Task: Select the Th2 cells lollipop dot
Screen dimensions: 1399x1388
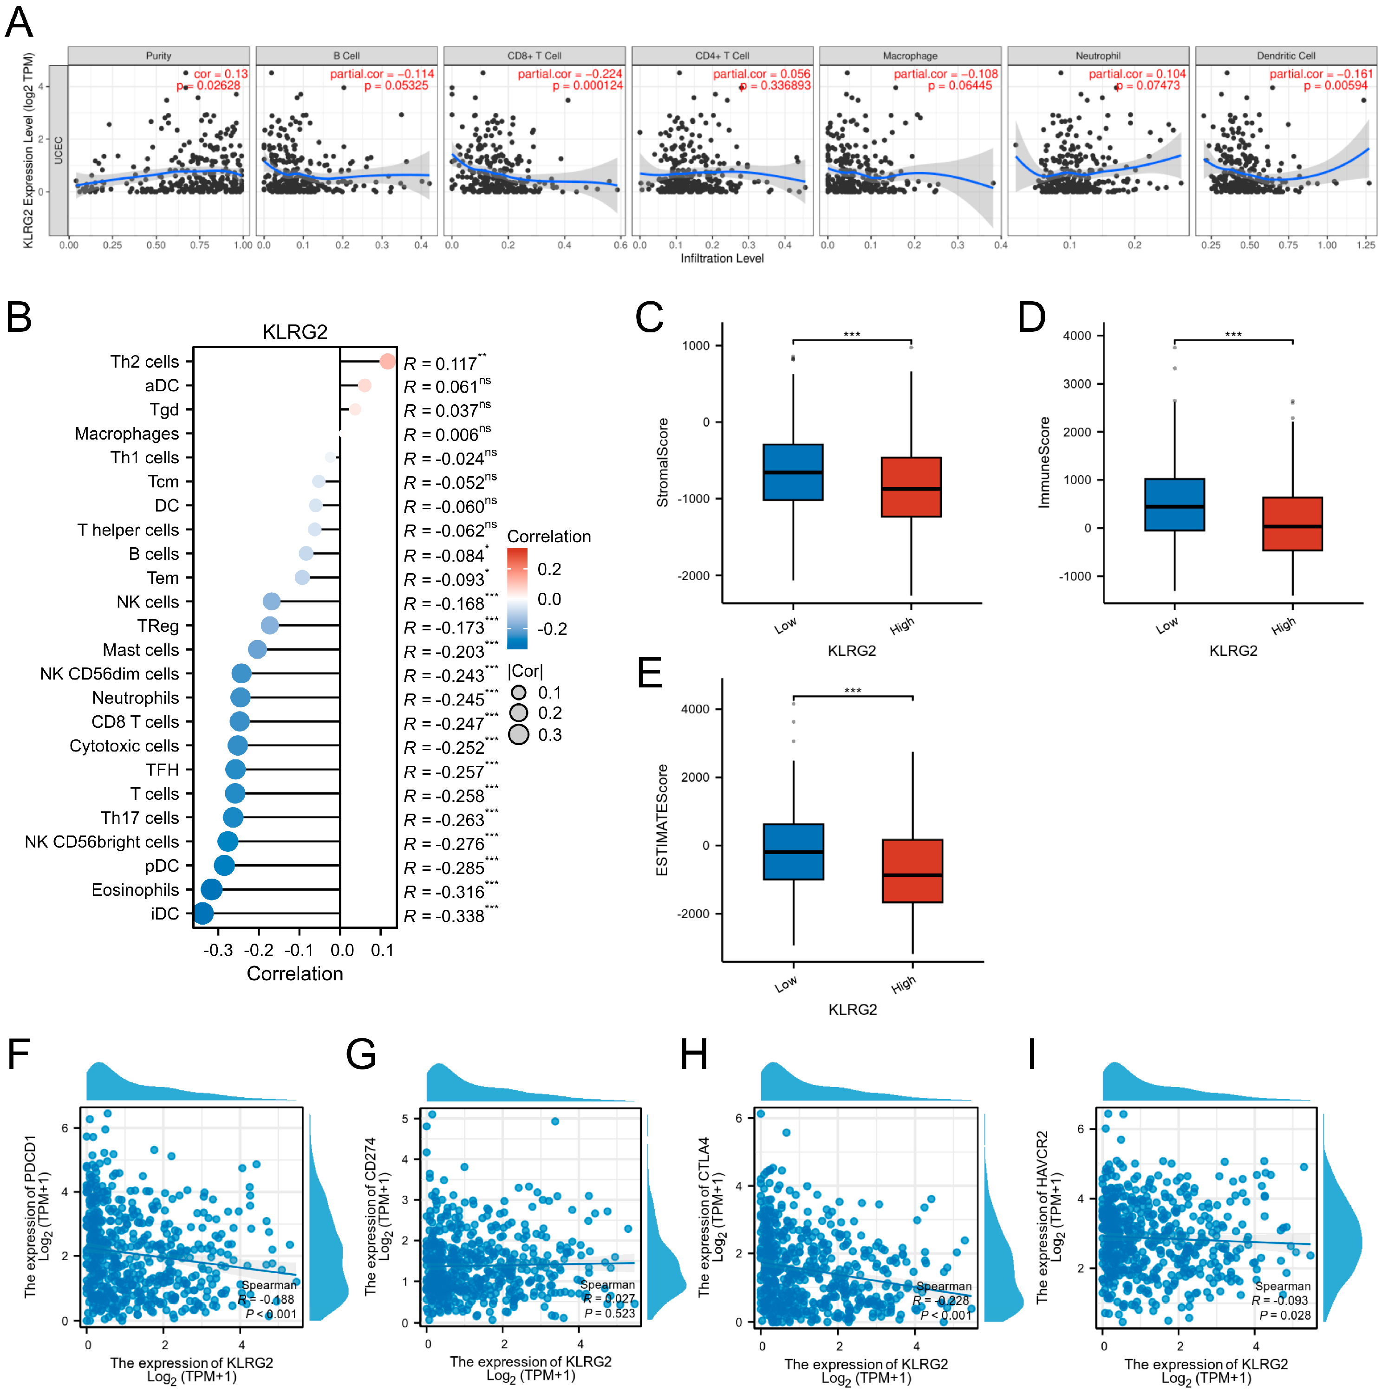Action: coord(388,361)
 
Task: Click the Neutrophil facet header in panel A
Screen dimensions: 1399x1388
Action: coord(1097,56)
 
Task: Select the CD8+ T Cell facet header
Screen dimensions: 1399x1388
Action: coord(534,56)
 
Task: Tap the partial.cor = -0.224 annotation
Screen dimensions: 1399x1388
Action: coord(569,74)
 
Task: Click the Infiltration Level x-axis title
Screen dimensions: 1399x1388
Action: coord(722,259)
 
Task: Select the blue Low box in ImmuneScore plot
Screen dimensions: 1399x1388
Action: coord(1174,505)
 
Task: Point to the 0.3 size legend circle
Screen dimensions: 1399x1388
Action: coord(519,735)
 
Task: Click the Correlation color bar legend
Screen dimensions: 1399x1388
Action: coord(517,599)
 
